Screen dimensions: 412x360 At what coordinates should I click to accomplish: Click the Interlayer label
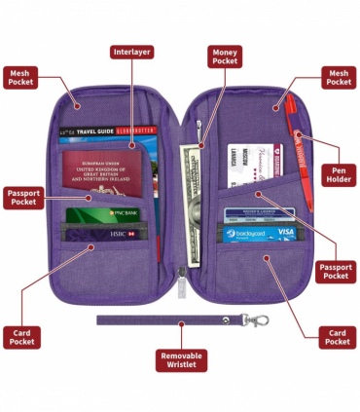pyautogui.click(x=132, y=52)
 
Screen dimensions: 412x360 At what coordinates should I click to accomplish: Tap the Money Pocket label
pyautogui.click(x=225, y=56)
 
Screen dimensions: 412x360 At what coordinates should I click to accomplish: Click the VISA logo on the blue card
pyautogui.click(x=285, y=233)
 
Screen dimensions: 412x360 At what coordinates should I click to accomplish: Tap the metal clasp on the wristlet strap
pyautogui.click(x=256, y=320)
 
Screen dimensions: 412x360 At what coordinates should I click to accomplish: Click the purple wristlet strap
pyautogui.click(x=165, y=318)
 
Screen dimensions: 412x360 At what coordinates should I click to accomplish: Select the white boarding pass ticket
pyautogui.click(x=248, y=166)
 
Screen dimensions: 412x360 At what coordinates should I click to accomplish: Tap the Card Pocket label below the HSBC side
pyautogui.click(x=21, y=336)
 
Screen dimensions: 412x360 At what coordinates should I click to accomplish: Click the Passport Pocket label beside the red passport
pyautogui.click(x=23, y=196)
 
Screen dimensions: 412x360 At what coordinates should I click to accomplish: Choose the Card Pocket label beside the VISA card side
pyautogui.click(x=338, y=337)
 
